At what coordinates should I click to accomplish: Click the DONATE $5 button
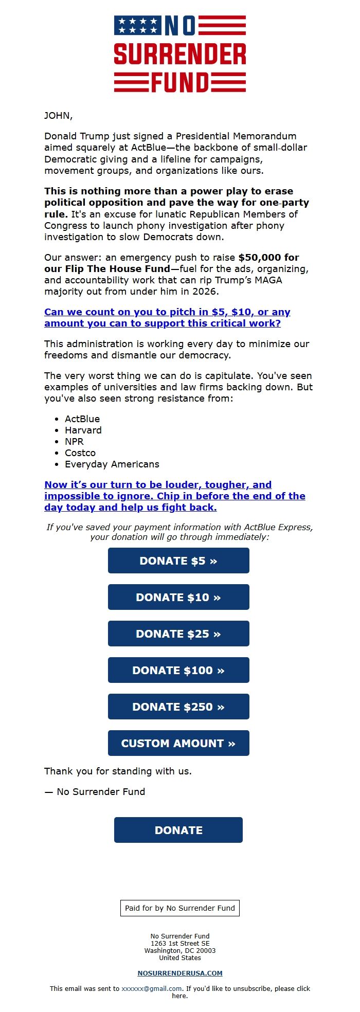pos(178,561)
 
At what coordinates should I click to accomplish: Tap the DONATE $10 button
pos(178,597)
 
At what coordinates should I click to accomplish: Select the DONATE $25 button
pos(178,634)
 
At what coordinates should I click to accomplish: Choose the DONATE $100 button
pos(178,670)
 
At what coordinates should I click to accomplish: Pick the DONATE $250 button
pos(178,707)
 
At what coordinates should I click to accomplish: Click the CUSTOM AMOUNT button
pos(178,743)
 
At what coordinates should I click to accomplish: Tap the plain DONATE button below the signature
pos(178,830)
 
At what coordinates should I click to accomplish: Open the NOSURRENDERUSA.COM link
pos(180,973)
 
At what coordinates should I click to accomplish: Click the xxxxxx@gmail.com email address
pos(152,988)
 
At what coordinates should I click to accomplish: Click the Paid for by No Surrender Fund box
pos(180,908)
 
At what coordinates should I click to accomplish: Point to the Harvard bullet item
pos(83,430)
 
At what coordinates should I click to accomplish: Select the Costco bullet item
pos(80,453)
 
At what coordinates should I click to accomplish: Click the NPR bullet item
pos(74,442)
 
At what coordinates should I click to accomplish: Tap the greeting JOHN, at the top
pos(59,116)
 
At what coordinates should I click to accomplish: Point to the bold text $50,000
pos(268,258)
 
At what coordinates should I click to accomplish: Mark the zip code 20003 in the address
pos(206,951)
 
